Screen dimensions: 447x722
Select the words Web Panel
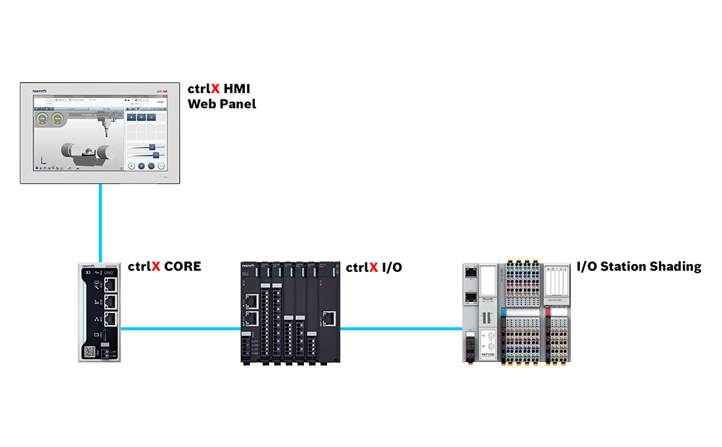[222, 105]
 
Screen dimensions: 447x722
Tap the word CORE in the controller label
[182, 267]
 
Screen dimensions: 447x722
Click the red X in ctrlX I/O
[373, 267]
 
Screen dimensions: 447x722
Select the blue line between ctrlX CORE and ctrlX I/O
[180, 329]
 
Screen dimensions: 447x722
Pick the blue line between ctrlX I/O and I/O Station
[401, 329]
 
